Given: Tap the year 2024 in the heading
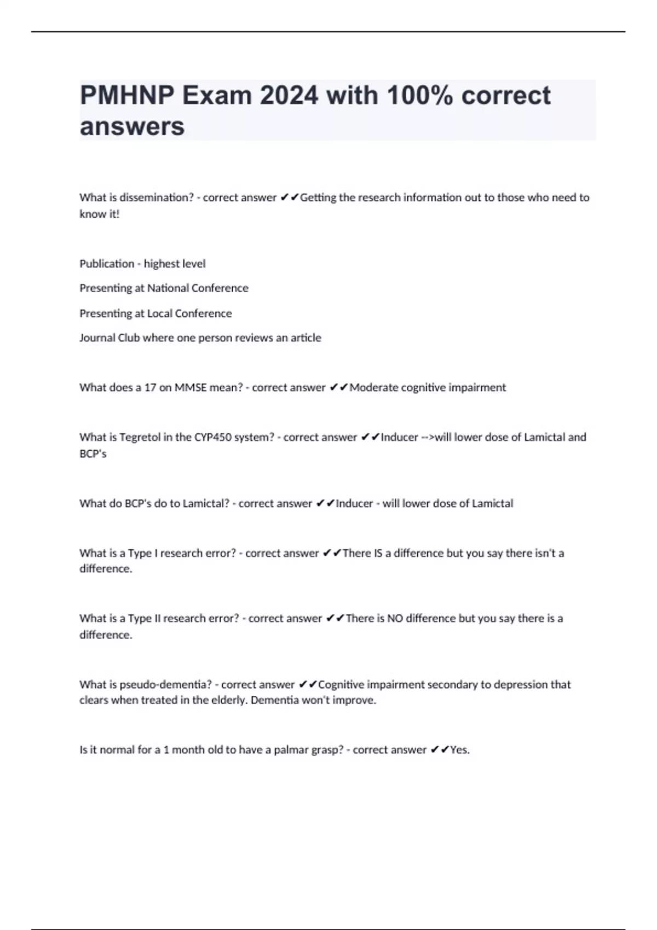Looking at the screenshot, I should coord(289,96).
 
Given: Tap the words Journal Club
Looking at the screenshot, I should coord(109,338).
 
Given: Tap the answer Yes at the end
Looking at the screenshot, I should coord(459,750).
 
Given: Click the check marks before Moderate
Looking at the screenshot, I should coord(339,388).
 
